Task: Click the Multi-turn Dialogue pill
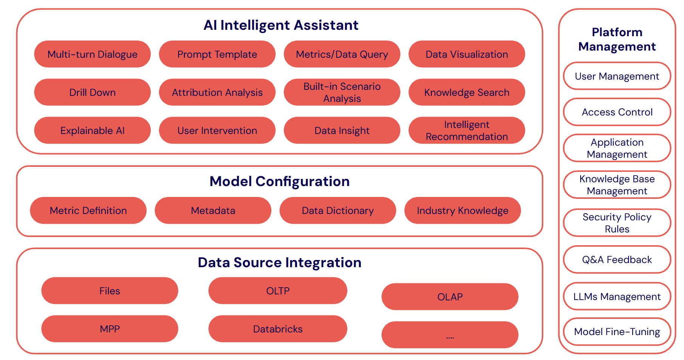92,54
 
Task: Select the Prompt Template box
217,54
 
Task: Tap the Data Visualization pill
467,54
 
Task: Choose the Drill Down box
92,92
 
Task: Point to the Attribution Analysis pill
217,92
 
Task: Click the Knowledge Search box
467,92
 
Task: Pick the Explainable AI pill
92,131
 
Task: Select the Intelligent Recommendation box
467,131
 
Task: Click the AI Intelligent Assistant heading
281,25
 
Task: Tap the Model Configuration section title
279,182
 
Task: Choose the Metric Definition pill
88,211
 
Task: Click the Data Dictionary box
337,211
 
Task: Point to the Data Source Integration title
279,263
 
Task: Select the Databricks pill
277,329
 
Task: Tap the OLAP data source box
450,297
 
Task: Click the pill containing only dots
450,335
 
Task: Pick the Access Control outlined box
617,112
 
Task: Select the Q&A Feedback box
617,260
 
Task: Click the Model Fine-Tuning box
617,332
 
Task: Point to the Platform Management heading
617,39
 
